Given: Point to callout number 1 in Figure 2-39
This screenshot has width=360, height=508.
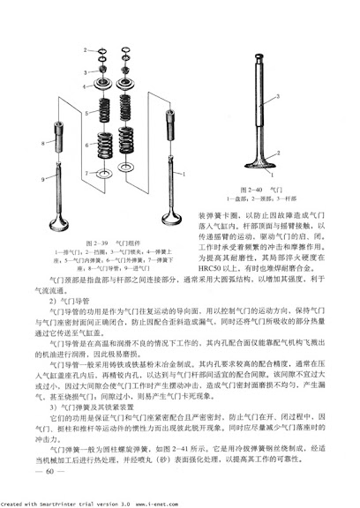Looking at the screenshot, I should tap(184, 176).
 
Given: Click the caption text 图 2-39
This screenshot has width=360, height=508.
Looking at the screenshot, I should tap(92, 243).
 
